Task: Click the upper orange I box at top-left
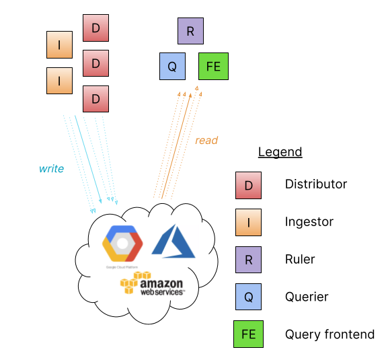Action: point(59,45)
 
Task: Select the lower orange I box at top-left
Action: point(59,81)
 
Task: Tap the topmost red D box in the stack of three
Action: point(95,28)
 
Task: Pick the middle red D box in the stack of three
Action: point(95,64)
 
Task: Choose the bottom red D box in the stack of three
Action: point(95,99)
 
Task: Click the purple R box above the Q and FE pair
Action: point(190,31)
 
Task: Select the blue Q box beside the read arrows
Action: point(172,67)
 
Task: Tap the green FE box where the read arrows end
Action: point(213,67)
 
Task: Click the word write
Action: point(51,169)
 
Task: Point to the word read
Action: point(206,141)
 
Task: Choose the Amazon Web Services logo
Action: point(153,284)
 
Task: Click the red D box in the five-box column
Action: point(248,186)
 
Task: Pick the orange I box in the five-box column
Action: point(248,223)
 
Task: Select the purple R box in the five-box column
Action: point(248,260)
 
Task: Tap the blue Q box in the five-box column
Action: point(248,297)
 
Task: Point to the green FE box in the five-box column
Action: point(248,334)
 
